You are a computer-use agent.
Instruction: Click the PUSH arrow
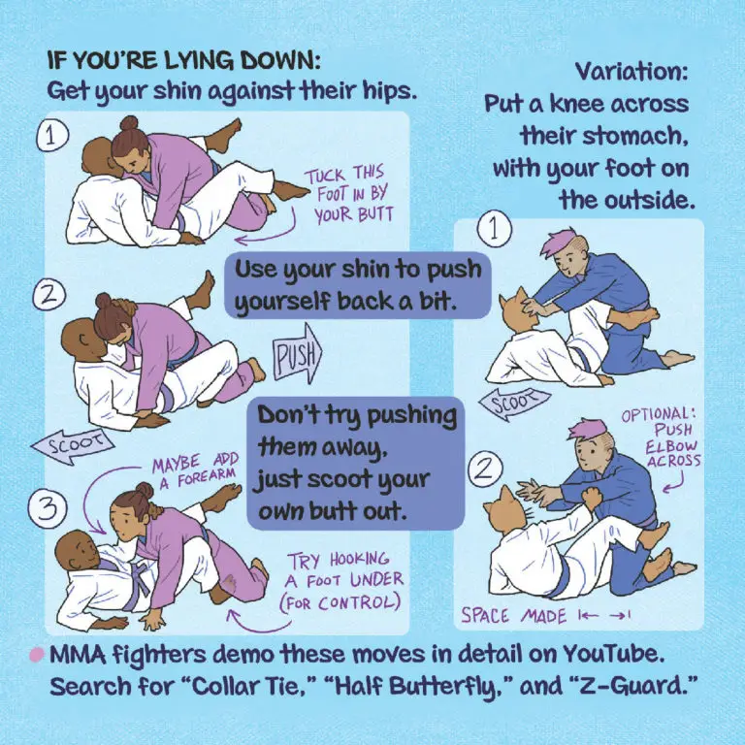pyautogui.click(x=298, y=354)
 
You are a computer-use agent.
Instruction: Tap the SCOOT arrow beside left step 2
pyautogui.click(x=72, y=445)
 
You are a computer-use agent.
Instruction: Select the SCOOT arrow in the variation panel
pyautogui.click(x=514, y=403)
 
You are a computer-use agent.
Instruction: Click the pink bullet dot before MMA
pyautogui.click(x=37, y=655)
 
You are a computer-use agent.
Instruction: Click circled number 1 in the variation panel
pyautogui.click(x=494, y=230)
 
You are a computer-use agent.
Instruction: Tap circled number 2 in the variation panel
pyautogui.click(x=486, y=470)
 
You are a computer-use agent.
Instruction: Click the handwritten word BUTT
pyautogui.click(x=374, y=214)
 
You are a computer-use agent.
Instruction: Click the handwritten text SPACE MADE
pyautogui.click(x=513, y=616)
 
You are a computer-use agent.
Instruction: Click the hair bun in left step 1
pyautogui.click(x=129, y=123)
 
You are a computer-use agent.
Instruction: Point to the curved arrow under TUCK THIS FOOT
pyautogui.click(x=266, y=233)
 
